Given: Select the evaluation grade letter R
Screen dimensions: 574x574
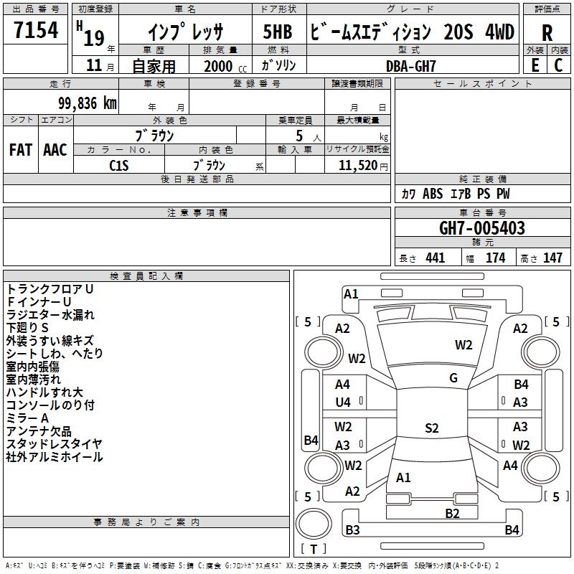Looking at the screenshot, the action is tap(547, 33).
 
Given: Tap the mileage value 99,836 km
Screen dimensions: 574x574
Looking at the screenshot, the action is tap(80, 103).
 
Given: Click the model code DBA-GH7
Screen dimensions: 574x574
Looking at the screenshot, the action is tap(411, 65).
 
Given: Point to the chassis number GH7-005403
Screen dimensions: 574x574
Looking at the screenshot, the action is tap(481, 229).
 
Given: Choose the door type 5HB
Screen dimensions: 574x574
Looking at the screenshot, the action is tap(278, 32).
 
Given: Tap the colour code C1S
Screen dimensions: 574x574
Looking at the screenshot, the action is tap(119, 165).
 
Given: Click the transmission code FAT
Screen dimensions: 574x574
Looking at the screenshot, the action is tap(20, 150).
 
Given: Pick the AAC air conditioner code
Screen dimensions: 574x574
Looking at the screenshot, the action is tap(55, 150).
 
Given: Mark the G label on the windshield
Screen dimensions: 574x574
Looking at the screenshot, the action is tap(453, 378).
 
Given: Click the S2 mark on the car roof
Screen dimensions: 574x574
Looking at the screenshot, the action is tap(431, 428).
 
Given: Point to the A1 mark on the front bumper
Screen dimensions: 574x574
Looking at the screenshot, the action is tap(351, 293).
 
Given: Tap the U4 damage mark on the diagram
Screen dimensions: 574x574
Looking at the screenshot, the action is tap(343, 403).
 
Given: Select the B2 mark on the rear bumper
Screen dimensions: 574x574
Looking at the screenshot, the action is tap(451, 512).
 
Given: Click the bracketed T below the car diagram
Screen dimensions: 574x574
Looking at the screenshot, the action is tap(314, 549).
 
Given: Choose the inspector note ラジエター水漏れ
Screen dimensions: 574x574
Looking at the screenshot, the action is tap(50, 314).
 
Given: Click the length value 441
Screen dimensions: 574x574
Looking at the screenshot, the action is tap(435, 258).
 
